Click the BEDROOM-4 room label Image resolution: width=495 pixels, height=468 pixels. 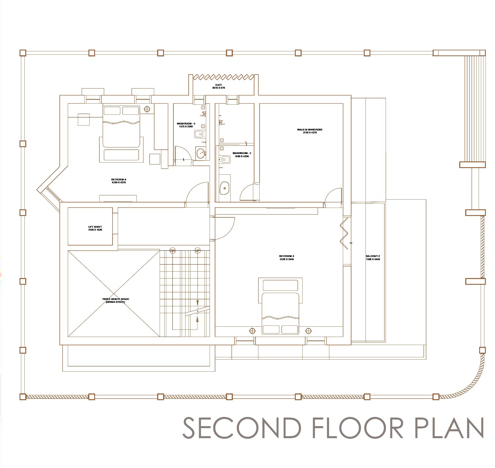click(119, 181)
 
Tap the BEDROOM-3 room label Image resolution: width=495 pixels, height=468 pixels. click(286, 258)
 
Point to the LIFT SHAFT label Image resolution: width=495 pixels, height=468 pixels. click(95, 228)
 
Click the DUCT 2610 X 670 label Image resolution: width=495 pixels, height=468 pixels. click(218, 86)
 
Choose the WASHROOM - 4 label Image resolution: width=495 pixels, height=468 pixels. click(186, 125)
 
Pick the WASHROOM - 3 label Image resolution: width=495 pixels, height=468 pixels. click(242, 155)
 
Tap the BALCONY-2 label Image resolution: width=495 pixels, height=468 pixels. click(373, 258)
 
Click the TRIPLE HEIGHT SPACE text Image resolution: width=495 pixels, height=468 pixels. click(115, 301)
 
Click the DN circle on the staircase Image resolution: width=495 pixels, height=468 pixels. click(172, 250)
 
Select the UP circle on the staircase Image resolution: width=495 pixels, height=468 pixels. click(198, 250)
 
